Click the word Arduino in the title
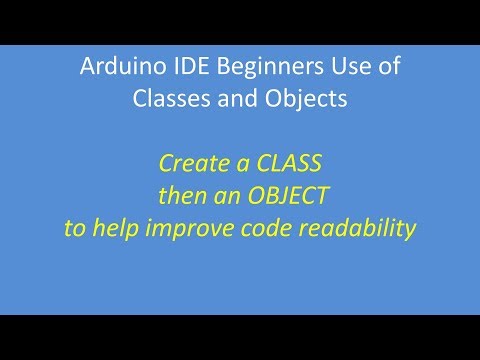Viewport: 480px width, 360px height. tap(113, 69)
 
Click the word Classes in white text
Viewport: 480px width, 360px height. tap(168, 99)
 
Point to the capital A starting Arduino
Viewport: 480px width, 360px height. tap(86, 69)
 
